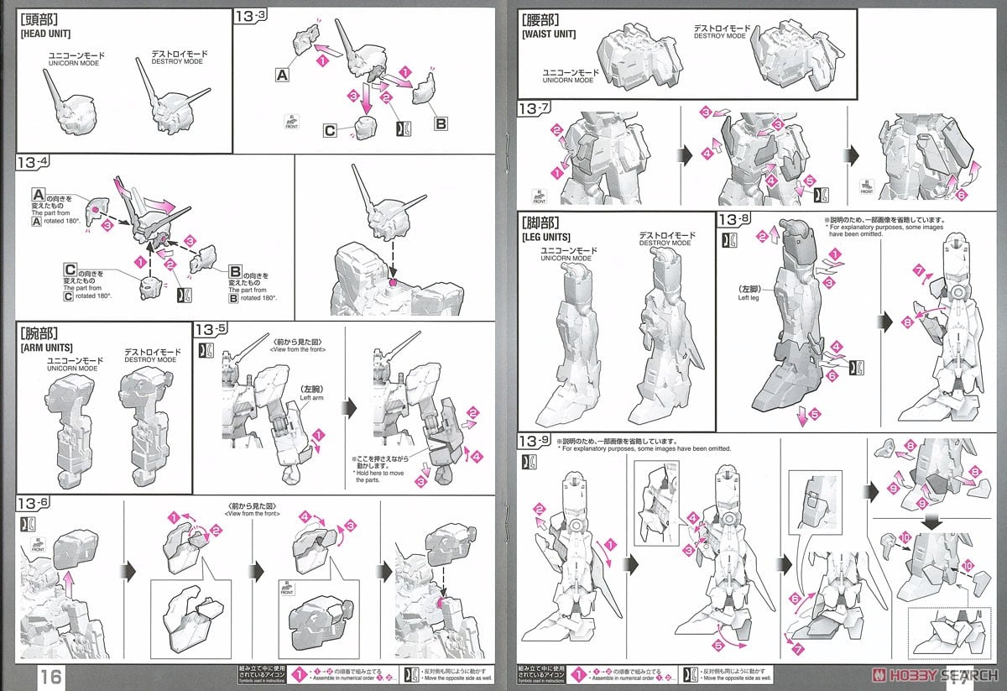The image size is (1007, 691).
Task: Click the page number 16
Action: (x=50, y=676)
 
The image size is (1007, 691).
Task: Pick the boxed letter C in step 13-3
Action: (x=331, y=130)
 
